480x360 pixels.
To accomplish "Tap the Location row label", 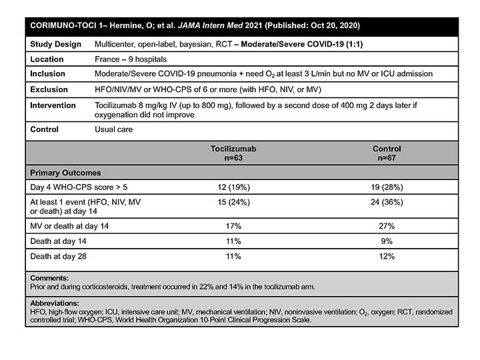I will click(x=48, y=59).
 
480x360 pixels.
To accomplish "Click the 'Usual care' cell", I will click(x=115, y=129).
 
